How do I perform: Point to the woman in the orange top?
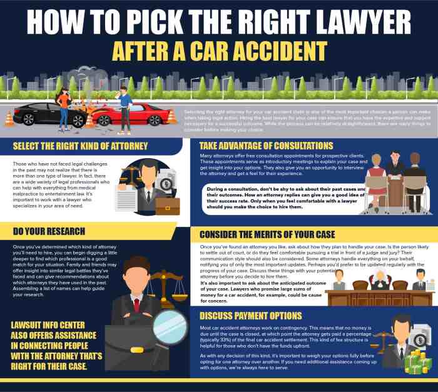click(x=63, y=104)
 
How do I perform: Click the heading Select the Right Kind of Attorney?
click(x=80, y=146)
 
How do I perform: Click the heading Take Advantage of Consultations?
click(x=266, y=146)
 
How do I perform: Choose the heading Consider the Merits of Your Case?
click(x=267, y=234)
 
